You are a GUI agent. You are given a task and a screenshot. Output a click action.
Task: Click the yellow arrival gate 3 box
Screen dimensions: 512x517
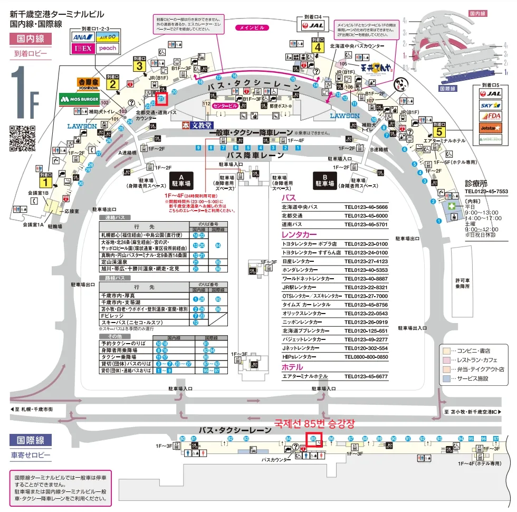pyautogui.click(x=139, y=65)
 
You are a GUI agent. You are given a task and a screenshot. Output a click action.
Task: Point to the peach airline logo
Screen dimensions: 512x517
pyautogui.click(x=107, y=49)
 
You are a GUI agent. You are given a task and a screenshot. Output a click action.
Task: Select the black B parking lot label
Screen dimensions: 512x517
pyautogui.click(x=325, y=181)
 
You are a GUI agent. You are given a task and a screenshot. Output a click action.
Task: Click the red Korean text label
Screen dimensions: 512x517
pyautogui.click(x=315, y=423)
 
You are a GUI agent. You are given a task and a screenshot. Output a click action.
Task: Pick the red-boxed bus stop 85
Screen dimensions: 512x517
pyautogui.click(x=314, y=440)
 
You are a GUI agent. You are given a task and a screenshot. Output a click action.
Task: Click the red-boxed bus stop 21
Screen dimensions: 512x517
pyautogui.click(x=161, y=98)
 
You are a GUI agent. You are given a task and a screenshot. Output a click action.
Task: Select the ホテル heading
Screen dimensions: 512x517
pyautogui.click(x=292, y=367)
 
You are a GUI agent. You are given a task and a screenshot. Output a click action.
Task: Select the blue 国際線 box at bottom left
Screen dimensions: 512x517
pyautogui.click(x=31, y=440)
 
